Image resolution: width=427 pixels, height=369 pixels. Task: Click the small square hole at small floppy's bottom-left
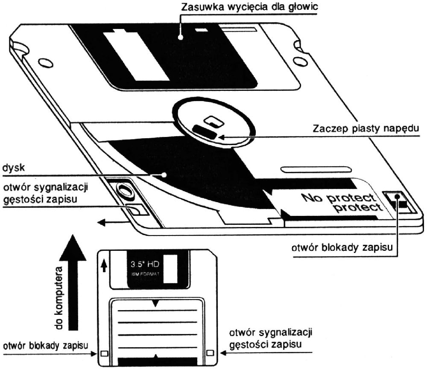click(x=103, y=354)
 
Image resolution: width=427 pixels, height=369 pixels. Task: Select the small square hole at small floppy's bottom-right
click(x=209, y=353)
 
